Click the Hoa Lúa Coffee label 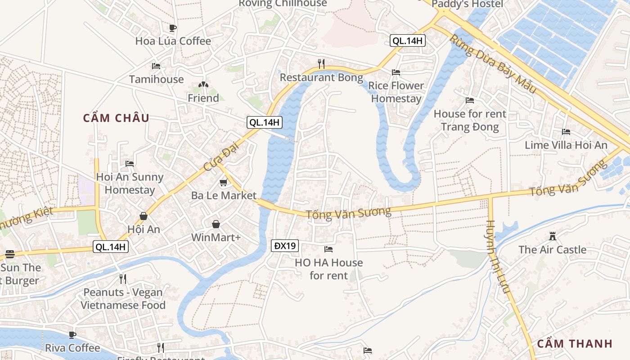tap(173, 41)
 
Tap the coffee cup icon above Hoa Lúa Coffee tap(172, 28)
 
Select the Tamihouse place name tap(156, 79)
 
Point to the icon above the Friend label tap(203, 85)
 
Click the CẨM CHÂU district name tap(116, 118)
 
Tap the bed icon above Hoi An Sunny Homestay tap(130, 163)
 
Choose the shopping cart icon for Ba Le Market tap(223, 182)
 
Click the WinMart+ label tap(216, 237)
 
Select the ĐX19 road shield tap(285, 246)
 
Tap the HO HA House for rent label tap(328, 269)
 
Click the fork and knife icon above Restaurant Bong tap(321, 63)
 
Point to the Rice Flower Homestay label tap(396, 92)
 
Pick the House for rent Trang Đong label tap(470, 120)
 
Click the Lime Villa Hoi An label tap(566, 145)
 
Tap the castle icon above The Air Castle tap(553, 236)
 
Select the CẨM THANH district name tap(575, 344)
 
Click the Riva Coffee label tap(72, 348)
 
